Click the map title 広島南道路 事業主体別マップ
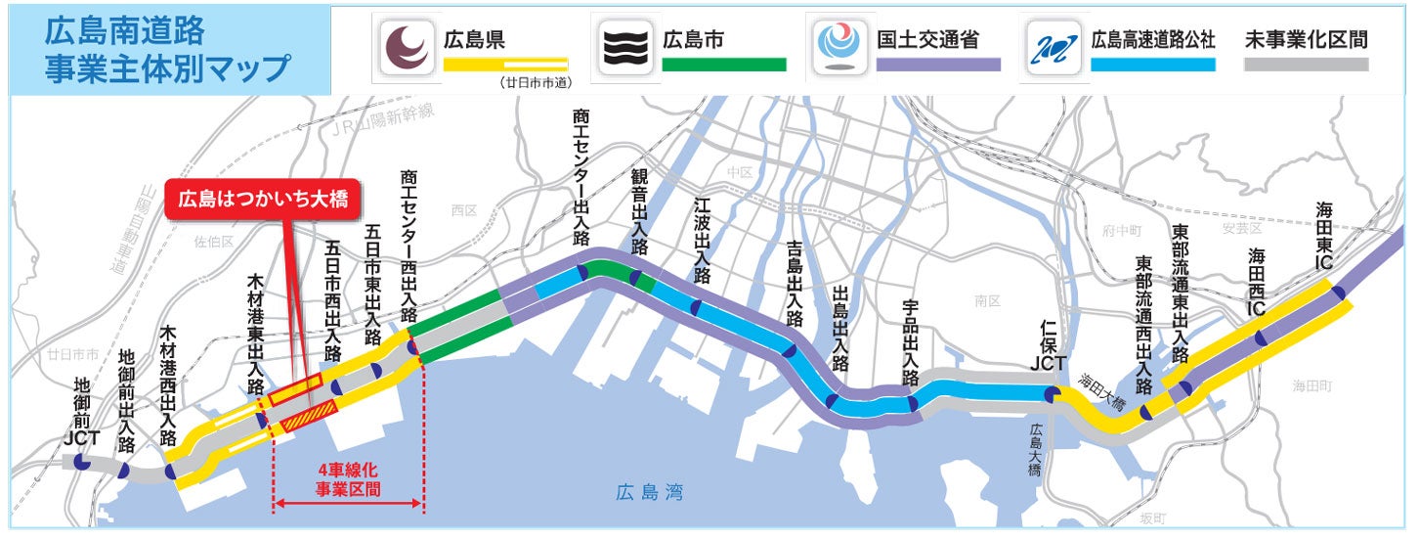click(166, 49)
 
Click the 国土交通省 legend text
click(926, 40)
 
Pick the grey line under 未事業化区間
click(1307, 65)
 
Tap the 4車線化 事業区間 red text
click(347, 480)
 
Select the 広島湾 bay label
click(649, 492)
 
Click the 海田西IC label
click(1258, 278)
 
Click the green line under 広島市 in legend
click(723, 65)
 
